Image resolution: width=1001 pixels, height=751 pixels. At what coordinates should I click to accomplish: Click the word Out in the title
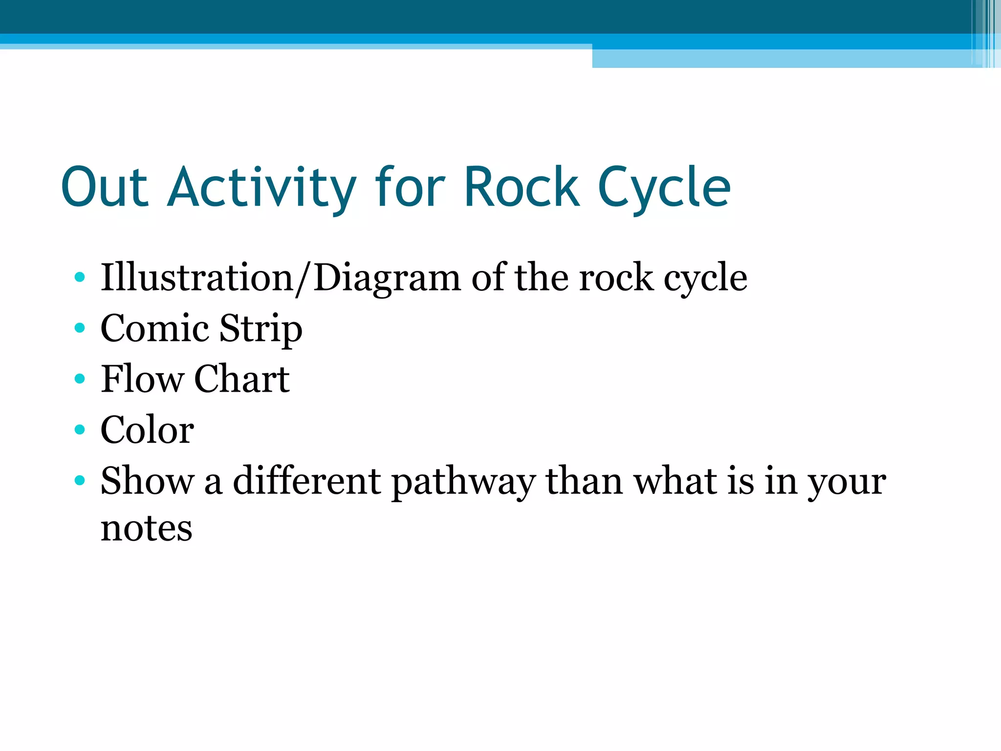coord(105,187)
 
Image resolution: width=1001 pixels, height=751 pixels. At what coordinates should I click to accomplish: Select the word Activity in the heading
coord(261,187)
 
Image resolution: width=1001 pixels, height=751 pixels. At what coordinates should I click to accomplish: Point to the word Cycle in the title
coord(665,187)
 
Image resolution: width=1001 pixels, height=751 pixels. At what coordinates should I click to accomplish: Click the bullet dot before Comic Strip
coord(80,328)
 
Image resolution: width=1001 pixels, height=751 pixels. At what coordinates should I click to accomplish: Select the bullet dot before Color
coord(80,430)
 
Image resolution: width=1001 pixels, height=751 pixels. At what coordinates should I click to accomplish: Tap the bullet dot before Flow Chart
coord(80,379)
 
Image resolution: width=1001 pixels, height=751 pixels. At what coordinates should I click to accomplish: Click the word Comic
coord(154,328)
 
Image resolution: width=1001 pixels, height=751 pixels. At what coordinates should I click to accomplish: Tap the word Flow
coord(142,379)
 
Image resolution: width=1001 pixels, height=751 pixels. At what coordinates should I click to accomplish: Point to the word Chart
coord(242,379)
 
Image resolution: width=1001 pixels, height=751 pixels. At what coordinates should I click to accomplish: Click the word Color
coord(147,430)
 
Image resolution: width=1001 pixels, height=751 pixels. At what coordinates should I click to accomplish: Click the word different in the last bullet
coord(307,481)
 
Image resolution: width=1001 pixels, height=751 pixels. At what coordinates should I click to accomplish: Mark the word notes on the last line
coord(146,529)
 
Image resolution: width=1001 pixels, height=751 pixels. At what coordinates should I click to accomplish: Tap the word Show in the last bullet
coord(147,481)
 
